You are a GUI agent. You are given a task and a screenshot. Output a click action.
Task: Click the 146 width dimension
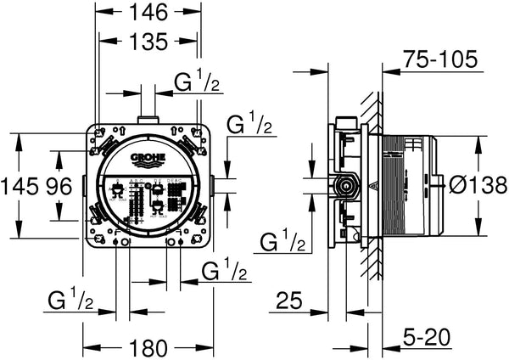(x=148, y=12)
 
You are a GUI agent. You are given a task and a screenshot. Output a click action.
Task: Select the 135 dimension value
(x=148, y=40)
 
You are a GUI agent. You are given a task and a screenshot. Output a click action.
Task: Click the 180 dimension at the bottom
(x=148, y=347)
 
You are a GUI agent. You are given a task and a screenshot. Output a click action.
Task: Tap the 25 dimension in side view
(x=289, y=301)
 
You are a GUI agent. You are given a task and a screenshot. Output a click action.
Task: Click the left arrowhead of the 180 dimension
(x=87, y=347)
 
